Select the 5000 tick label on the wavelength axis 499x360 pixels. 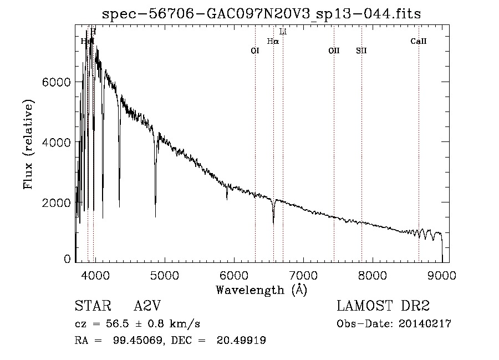coord(164,275)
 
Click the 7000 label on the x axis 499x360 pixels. coord(303,275)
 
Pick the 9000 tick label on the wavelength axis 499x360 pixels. coord(442,275)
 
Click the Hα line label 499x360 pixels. coord(273,41)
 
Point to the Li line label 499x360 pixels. coord(283,32)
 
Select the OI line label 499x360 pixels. coord(255,50)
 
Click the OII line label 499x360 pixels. coord(334,50)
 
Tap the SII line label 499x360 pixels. coord(361,50)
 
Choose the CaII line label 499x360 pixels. coord(419,41)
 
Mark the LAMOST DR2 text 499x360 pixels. coord(383,306)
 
